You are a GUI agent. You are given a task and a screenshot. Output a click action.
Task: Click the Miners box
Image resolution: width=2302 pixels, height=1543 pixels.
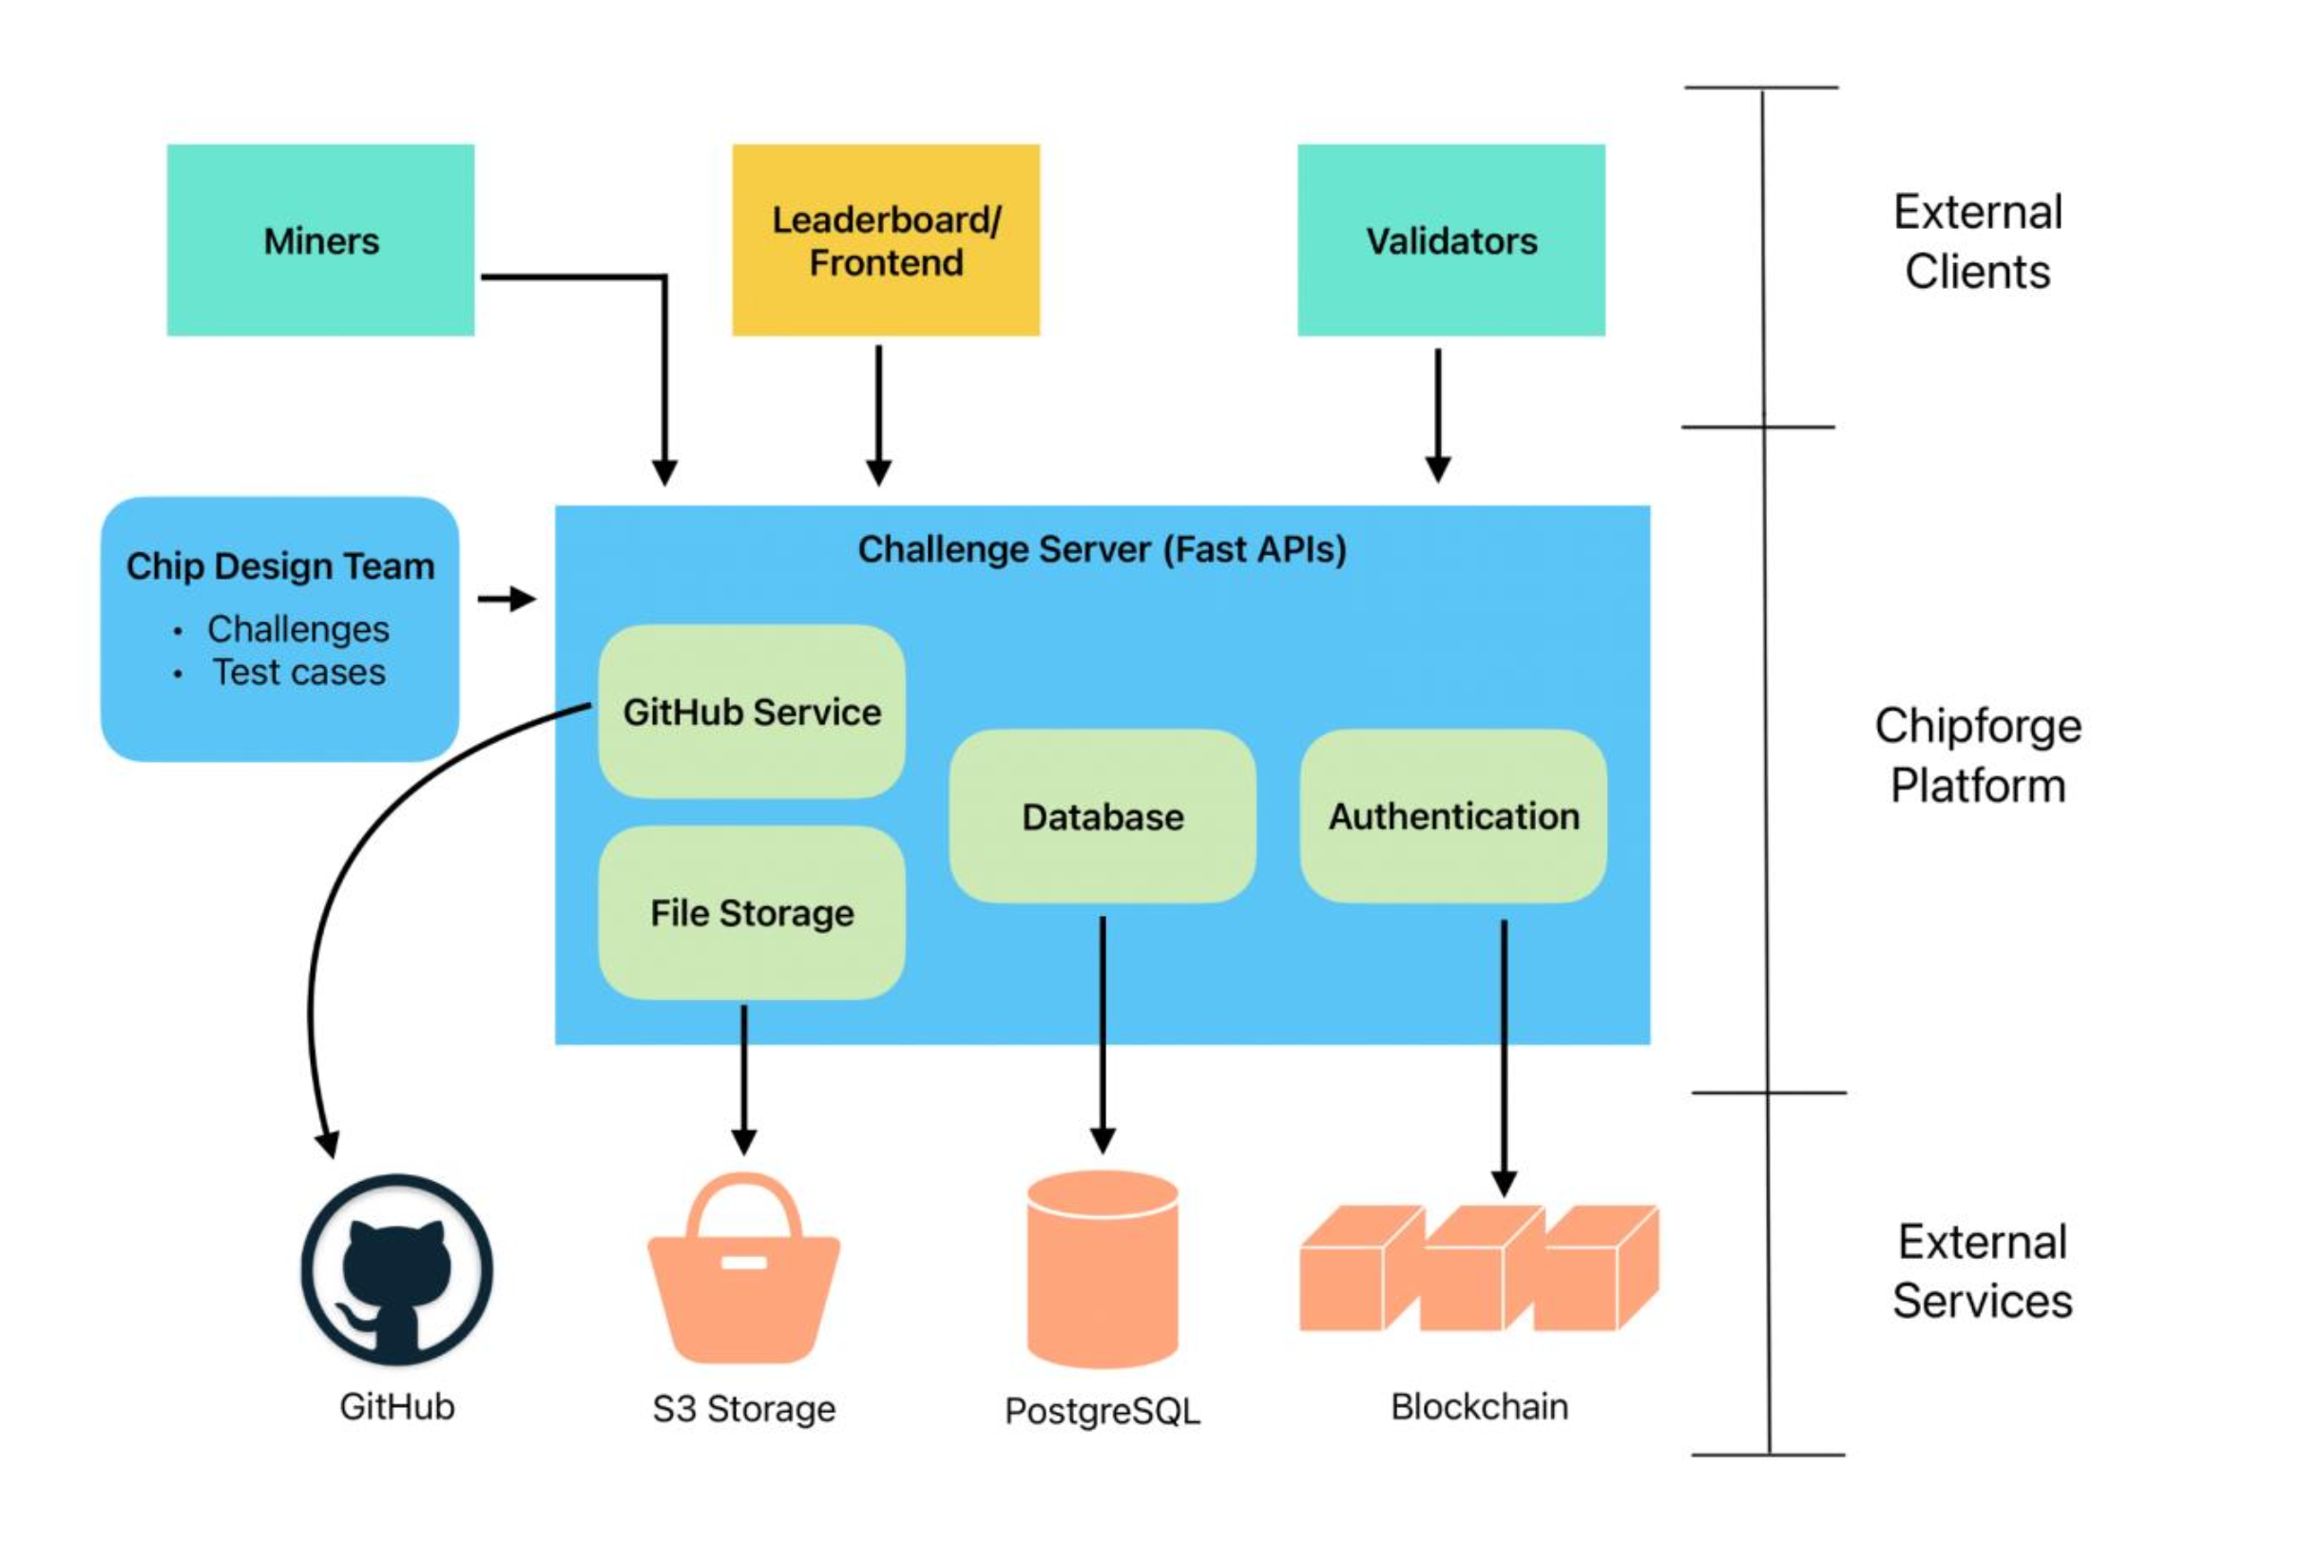pos(320,240)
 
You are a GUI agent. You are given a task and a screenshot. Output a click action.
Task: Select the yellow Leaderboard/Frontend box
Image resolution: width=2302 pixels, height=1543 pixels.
pos(885,240)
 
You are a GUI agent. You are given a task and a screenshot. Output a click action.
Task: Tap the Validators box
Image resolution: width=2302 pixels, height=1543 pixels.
pos(1450,240)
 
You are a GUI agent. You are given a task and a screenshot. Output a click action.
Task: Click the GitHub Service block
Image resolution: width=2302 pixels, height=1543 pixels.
pos(751,712)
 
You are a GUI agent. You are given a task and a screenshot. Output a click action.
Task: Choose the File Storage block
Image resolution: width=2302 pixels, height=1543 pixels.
pos(751,912)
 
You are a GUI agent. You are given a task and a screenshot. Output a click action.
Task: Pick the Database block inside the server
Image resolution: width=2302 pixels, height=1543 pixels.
pos(1103,816)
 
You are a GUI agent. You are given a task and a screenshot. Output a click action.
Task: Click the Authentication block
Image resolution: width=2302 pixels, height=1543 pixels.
pos(1453,816)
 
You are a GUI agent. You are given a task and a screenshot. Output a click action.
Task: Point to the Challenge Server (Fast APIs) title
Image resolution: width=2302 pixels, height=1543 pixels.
pos(1102,549)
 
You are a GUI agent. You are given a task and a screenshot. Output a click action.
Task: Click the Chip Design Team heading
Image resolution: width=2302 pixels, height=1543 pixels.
pos(280,566)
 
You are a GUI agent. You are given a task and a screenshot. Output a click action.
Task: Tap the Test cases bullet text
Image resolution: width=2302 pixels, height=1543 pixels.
pos(299,672)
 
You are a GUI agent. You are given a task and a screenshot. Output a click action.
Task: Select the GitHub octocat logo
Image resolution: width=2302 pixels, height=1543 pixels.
pos(396,1268)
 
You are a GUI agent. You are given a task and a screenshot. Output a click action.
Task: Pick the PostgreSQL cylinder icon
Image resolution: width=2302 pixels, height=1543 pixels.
pos(1103,1268)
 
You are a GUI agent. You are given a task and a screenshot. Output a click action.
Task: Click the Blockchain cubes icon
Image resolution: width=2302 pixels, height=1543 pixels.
pos(1478,1268)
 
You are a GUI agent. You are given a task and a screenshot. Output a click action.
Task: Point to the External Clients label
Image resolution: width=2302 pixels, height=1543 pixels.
pos(1977,241)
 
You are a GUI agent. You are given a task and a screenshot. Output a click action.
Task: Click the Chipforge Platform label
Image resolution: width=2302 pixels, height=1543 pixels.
pos(1977,754)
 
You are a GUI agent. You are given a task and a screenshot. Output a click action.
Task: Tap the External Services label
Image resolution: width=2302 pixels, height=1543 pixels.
pos(1982,1270)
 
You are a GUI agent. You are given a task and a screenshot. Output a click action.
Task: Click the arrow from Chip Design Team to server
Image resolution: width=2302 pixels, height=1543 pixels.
pos(506,599)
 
